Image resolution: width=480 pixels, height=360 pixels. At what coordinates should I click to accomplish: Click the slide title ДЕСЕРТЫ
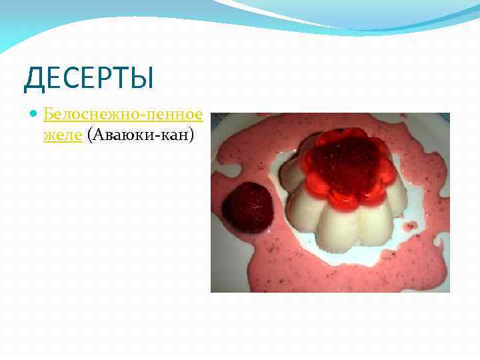click(89, 78)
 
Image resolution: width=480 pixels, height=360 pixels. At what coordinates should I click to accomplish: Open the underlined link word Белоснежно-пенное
click(123, 115)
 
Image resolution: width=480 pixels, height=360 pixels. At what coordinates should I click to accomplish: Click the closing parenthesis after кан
click(191, 135)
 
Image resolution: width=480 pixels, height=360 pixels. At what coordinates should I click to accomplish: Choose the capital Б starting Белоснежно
click(48, 115)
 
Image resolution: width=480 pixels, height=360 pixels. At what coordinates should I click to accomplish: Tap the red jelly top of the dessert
click(344, 165)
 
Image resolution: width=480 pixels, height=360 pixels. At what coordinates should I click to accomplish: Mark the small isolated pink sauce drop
click(409, 226)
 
